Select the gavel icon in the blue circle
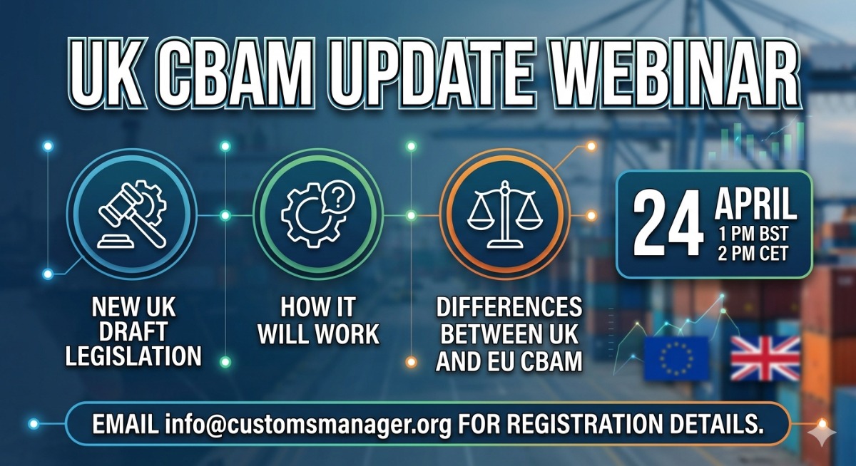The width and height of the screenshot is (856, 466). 132,214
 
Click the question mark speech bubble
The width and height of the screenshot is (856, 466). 338,197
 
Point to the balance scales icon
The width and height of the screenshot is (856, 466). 505,214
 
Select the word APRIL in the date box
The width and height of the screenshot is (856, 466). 756,203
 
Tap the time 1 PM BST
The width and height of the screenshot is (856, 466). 753,234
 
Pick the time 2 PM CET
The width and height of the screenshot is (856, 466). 753,254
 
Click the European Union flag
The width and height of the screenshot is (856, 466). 676,358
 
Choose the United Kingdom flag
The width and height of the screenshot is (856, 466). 765,358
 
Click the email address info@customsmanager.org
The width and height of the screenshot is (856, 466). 308,424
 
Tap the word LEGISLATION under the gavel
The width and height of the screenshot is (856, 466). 133,356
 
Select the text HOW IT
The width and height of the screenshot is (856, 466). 318,307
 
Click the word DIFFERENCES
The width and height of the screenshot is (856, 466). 509,307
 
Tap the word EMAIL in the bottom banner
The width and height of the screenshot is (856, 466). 126,424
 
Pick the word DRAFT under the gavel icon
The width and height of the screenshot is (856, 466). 133,331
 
